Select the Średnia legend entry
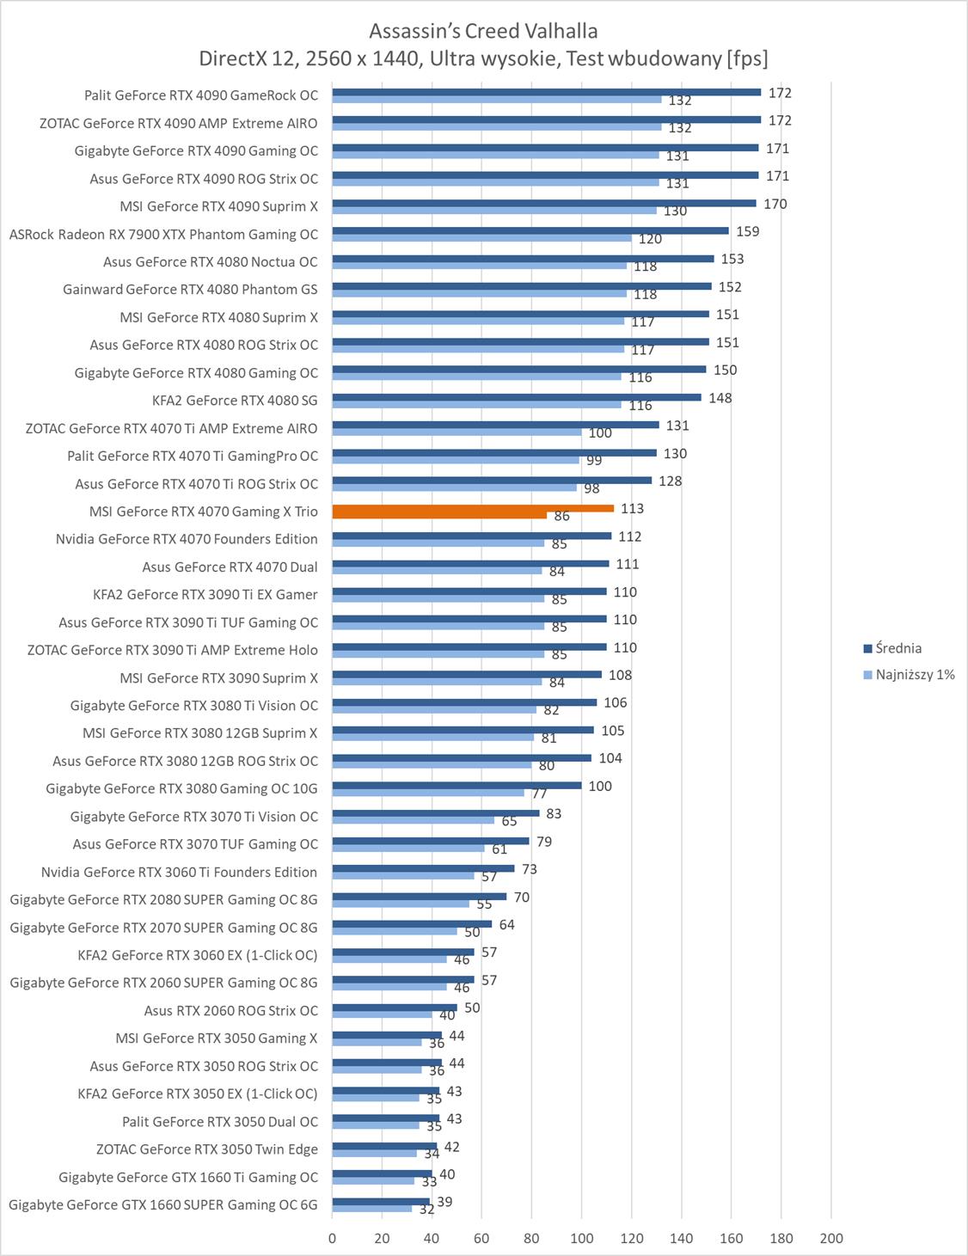pyautogui.click(x=898, y=648)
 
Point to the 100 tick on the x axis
pyautogui.click(x=581, y=1239)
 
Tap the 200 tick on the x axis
pyautogui.click(x=831, y=1239)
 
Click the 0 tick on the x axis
pyautogui.click(x=333, y=1239)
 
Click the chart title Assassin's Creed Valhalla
pyautogui.click(x=483, y=31)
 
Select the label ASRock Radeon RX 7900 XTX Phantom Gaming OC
pyautogui.click(x=163, y=234)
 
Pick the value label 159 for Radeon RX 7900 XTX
pyautogui.click(x=747, y=231)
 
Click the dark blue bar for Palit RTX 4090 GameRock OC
pyautogui.click(x=547, y=92)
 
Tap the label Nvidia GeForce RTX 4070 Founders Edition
pyautogui.click(x=187, y=539)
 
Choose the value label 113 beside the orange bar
pyautogui.click(x=632, y=509)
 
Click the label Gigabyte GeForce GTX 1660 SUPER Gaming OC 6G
pyautogui.click(x=163, y=1204)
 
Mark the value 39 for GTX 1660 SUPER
pyautogui.click(x=444, y=1202)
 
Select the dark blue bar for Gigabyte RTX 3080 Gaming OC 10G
pyautogui.click(x=457, y=785)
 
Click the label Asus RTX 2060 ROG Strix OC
pyautogui.click(x=230, y=1010)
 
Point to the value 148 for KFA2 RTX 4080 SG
pyautogui.click(x=720, y=398)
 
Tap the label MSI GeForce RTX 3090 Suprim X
pyautogui.click(x=218, y=677)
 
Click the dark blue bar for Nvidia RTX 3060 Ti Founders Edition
pyautogui.click(x=423, y=868)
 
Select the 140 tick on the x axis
pyautogui.click(x=682, y=1239)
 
